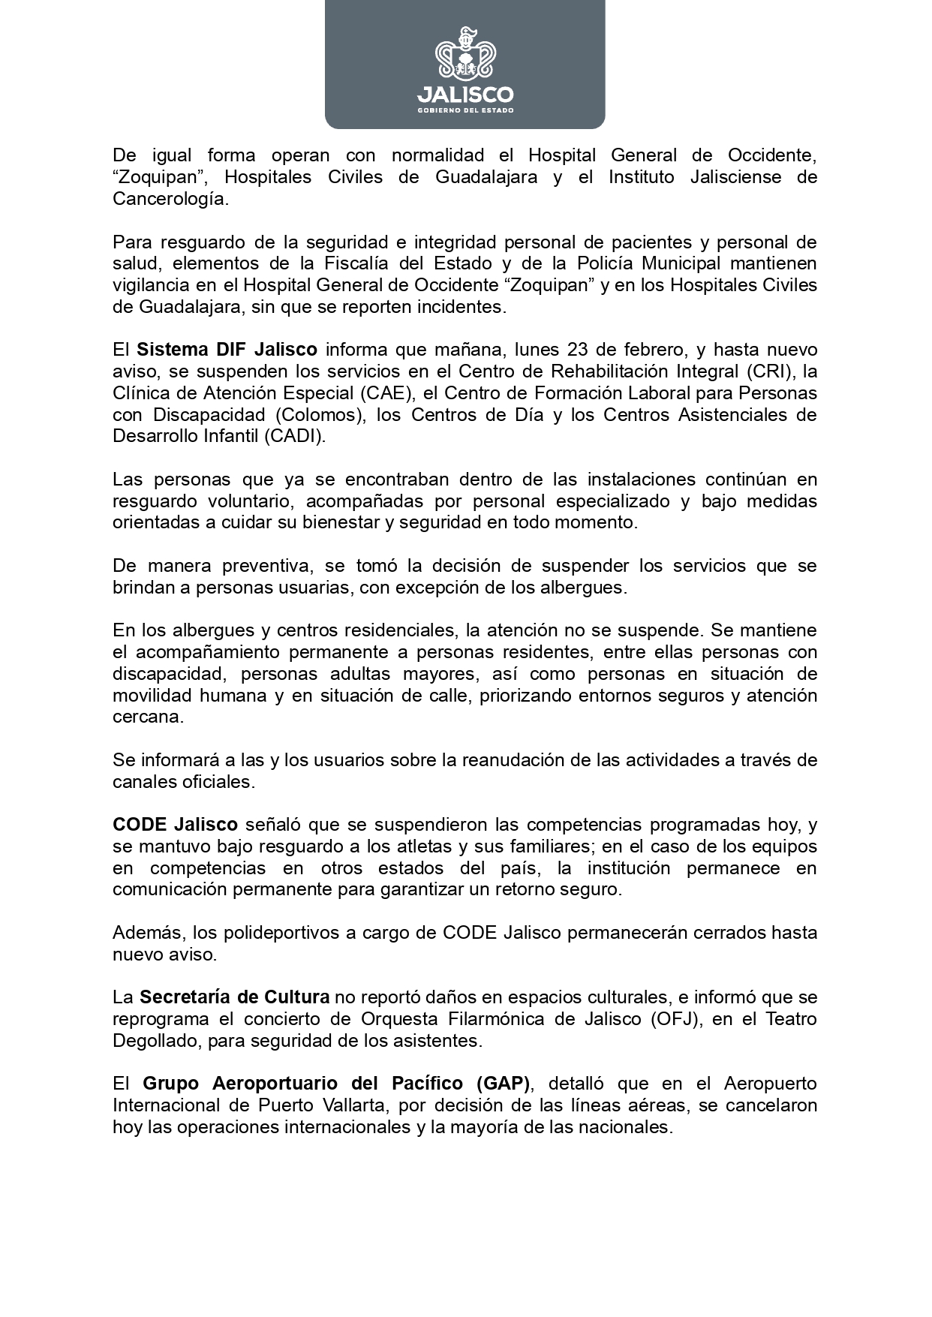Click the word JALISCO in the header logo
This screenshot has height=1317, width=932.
click(465, 95)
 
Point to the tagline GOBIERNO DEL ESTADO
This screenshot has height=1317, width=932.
click(465, 110)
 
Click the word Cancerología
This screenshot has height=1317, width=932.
click(169, 199)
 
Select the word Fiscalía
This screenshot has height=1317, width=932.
click(334, 264)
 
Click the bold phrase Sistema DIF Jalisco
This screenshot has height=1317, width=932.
click(227, 350)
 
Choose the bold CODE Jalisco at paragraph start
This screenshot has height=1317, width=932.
click(175, 825)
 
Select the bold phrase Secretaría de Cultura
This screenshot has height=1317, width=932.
click(234, 997)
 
